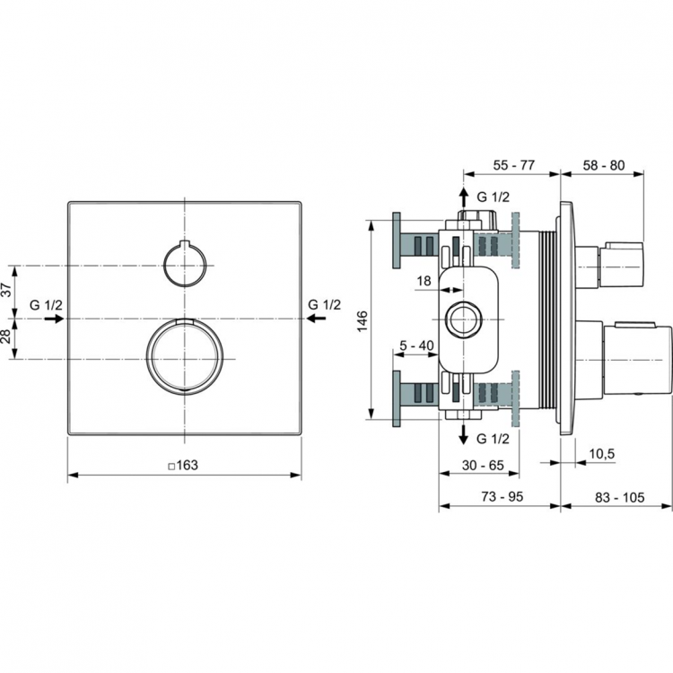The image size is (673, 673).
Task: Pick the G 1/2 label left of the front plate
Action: tap(46, 305)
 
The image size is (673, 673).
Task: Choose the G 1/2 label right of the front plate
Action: tap(325, 305)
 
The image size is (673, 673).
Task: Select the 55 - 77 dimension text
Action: tap(514, 166)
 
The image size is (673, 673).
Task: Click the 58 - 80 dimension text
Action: tap(603, 166)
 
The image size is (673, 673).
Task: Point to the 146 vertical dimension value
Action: tap(362, 321)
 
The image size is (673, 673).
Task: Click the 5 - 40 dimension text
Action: tap(417, 345)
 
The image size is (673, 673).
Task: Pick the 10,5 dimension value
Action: tap(601, 454)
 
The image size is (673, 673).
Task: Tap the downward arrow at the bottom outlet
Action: tap(463, 436)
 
